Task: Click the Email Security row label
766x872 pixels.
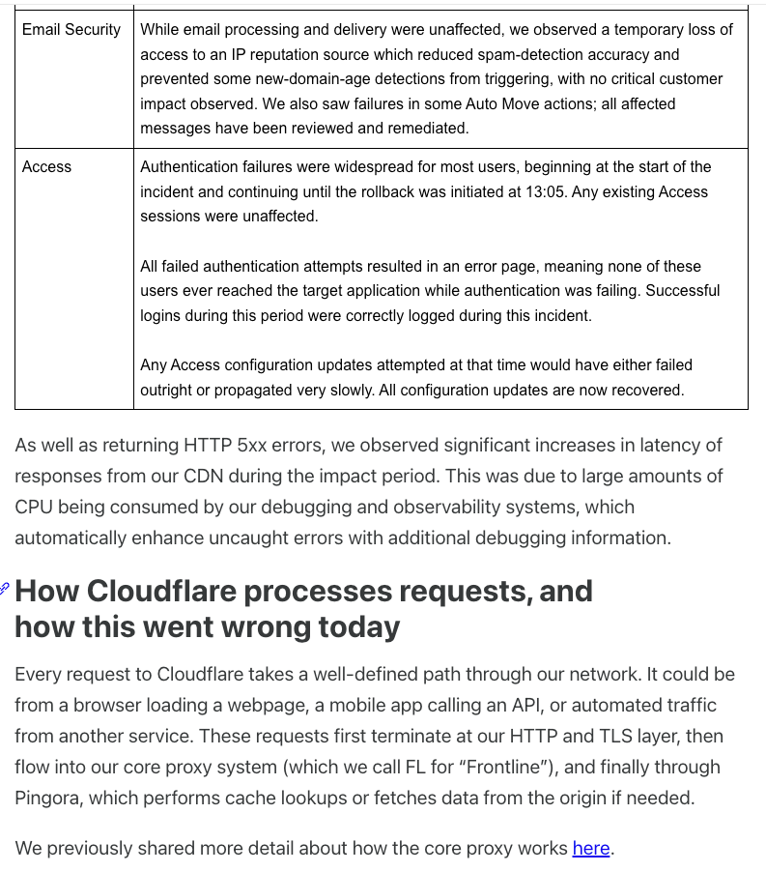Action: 71,29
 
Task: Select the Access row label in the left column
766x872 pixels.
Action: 46,166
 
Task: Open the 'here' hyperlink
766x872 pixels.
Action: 591,848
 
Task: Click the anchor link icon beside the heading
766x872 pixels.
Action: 5,589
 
